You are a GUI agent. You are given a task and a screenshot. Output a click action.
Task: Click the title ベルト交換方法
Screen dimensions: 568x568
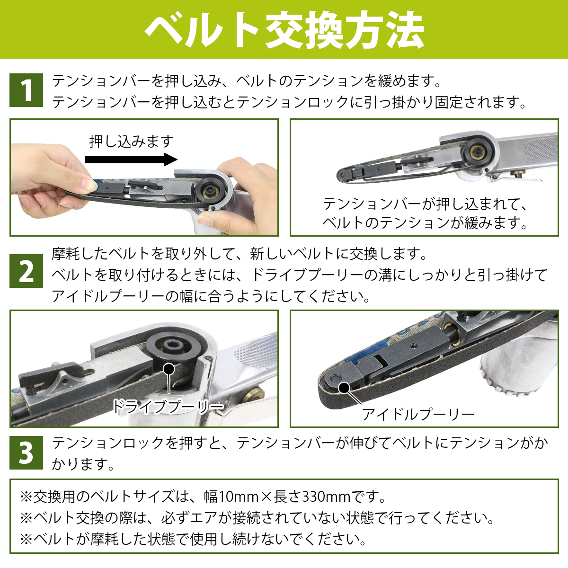pos(284,29)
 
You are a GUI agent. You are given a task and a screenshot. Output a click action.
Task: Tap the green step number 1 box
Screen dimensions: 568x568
pos(26,90)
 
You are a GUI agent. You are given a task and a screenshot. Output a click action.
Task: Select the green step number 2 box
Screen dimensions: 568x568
pos(26,271)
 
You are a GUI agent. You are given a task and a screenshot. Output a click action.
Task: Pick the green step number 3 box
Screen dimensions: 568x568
pos(26,453)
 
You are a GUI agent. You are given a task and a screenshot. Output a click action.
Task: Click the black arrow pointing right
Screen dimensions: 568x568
pos(131,160)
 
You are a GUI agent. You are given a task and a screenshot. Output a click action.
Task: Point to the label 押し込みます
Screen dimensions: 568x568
pos(132,142)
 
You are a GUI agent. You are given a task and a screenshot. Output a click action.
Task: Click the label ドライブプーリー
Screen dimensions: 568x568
pos(169,407)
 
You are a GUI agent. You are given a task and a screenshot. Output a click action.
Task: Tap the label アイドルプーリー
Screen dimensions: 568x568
pos(418,415)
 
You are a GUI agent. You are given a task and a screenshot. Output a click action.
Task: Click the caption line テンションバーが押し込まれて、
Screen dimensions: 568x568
pos(425,204)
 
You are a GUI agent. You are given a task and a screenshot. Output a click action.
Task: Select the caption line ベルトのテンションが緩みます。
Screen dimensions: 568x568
pos(425,223)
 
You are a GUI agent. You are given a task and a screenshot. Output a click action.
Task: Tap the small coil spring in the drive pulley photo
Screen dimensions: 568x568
pos(32,391)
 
